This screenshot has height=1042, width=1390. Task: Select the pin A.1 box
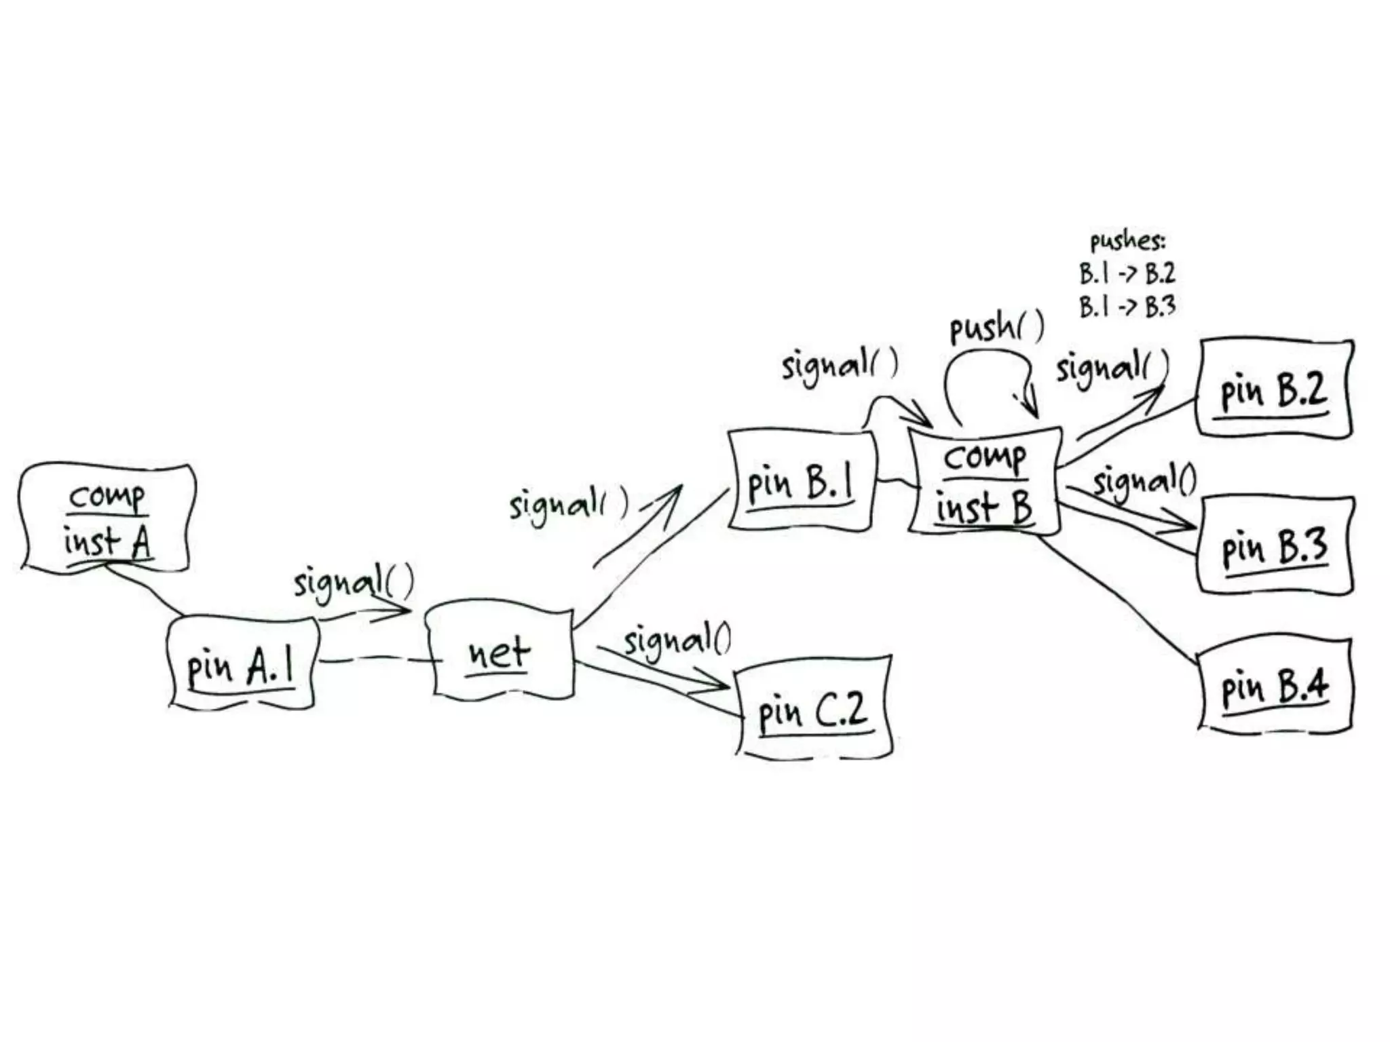[242, 663]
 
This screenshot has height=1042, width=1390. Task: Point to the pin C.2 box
[813, 707]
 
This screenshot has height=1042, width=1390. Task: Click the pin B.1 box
[801, 480]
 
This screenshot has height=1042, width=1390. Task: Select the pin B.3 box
[1275, 544]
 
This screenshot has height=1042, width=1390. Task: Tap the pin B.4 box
[1275, 685]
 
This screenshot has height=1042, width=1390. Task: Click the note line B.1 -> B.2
[1127, 273]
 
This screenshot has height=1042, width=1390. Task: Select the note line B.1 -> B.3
[1127, 307]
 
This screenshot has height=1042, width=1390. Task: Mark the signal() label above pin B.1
[840, 365]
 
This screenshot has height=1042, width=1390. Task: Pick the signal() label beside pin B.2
[1112, 368]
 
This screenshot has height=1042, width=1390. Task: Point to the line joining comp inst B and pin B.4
[1116, 597]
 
